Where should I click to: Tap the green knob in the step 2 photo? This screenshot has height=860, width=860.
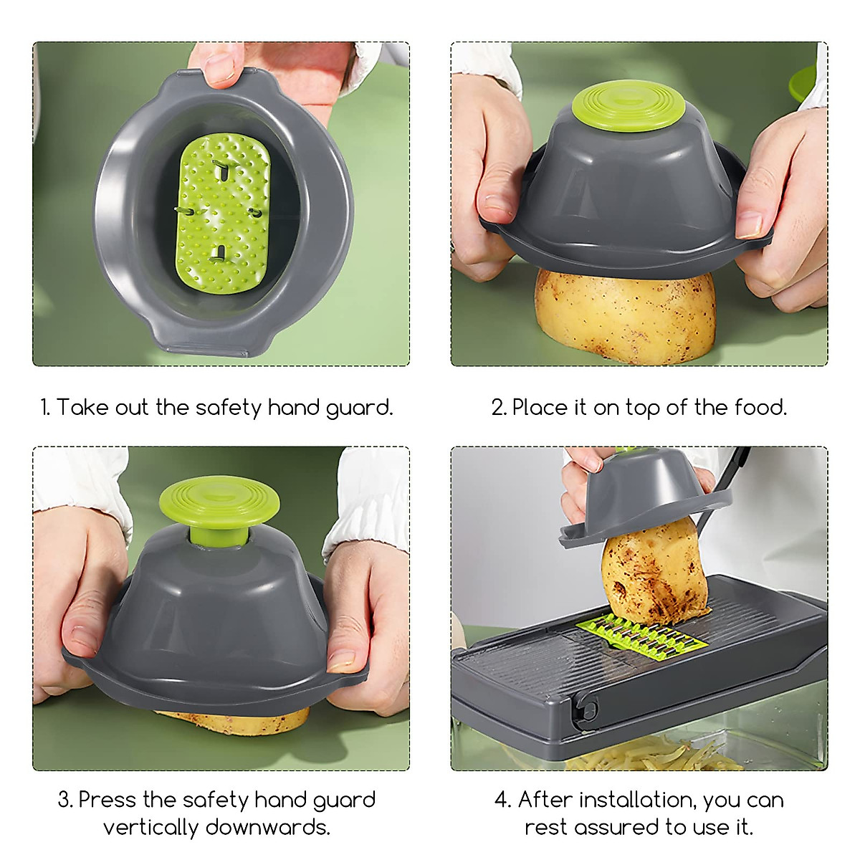pos(629,105)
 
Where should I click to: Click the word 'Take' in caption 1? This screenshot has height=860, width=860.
pos(82,407)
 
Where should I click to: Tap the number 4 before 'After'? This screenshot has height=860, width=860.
pos(502,800)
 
